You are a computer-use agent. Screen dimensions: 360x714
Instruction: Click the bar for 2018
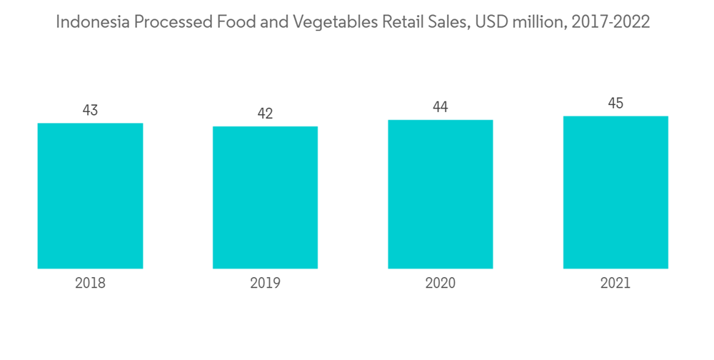pos(90,196)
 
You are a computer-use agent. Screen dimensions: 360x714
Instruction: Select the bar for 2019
pos(265,197)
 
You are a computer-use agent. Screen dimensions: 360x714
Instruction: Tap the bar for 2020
pos(441,194)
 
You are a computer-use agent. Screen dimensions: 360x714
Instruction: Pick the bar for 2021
pos(615,192)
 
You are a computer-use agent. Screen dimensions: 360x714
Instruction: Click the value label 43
pos(90,111)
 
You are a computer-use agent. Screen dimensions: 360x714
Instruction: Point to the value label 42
pos(265,114)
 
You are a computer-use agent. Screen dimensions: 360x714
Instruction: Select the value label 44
pos(441,108)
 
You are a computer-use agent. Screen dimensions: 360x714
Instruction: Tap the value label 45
pos(615,104)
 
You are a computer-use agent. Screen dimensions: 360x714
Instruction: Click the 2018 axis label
pos(90,283)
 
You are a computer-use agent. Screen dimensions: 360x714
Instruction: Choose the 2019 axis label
pos(265,283)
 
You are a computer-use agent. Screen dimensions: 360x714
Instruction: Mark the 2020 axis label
pos(441,283)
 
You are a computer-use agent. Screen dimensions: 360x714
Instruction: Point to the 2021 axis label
pos(615,283)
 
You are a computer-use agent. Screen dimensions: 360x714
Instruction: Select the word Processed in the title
pos(173,22)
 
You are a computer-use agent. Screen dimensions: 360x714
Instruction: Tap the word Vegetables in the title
pos(331,22)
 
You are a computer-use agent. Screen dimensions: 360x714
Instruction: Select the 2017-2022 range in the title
pos(613,22)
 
